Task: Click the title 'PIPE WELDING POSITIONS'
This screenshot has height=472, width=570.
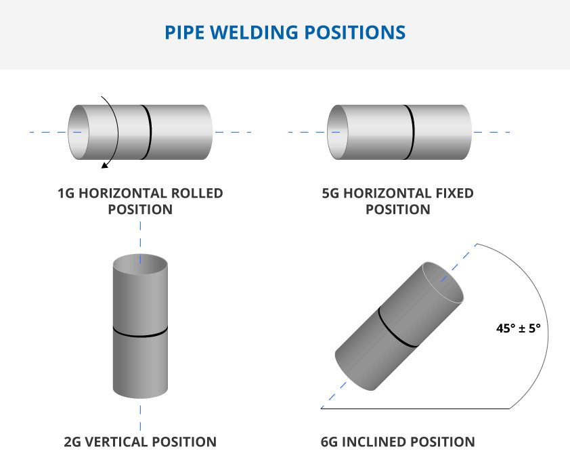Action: click(x=285, y=32)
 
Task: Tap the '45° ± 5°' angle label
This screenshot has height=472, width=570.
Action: click(x=518, y=328)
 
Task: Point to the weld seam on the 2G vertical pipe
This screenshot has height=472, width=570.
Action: click(x=140, y=332)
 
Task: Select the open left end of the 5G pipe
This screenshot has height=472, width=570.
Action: click(x=338, y=132)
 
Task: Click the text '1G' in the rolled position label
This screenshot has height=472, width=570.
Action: click(x=66, y=194)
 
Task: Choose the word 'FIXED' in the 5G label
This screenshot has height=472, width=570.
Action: click(x=454, y=194)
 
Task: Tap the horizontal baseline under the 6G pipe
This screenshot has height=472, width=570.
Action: click(x=420, y=409)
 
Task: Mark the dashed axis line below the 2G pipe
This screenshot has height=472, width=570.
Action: click(x=140, y=416)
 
